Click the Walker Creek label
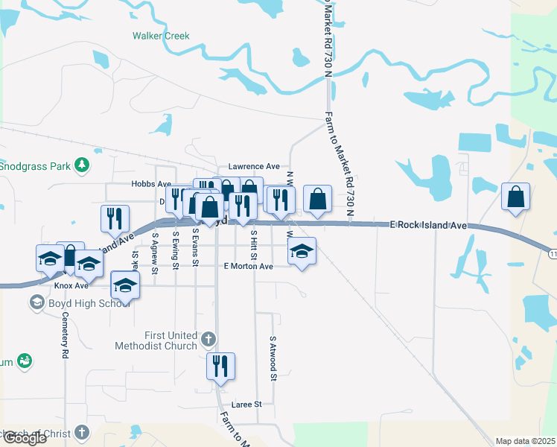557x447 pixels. pos(161,36)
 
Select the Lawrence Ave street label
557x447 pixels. pos(254,166)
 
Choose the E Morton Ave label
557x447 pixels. pos(248,266)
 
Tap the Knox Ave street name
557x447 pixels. pos(71,285)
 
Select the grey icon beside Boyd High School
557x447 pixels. pos(36,302)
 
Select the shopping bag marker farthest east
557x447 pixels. pos(515,197)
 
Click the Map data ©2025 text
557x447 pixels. pos(525,441)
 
